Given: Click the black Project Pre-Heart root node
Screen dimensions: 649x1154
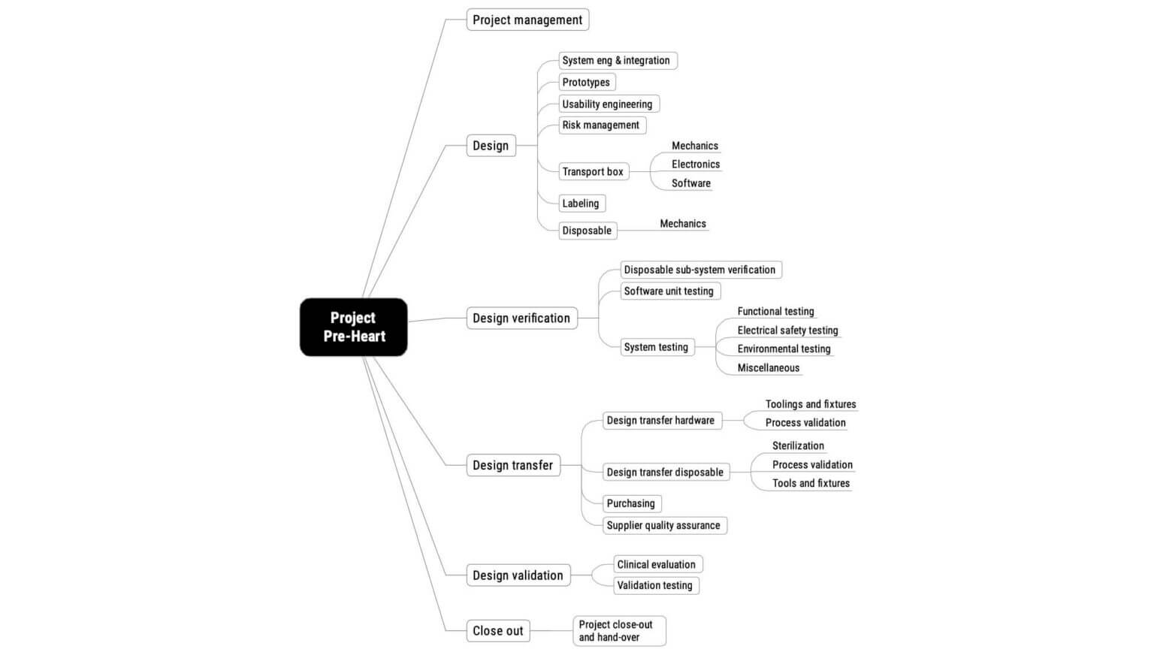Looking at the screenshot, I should [353, 327].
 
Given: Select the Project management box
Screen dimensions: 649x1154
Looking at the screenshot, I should [527, 20].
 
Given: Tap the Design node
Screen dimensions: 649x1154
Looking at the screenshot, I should [491, 146].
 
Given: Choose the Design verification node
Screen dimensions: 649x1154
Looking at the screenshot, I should [521, 318].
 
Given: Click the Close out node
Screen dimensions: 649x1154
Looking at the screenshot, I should [497, 631].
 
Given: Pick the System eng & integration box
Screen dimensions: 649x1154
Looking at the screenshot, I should [617, 61].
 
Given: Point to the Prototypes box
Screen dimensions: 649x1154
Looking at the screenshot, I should [587, 82].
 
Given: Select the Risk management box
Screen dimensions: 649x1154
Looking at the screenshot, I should [601, 125].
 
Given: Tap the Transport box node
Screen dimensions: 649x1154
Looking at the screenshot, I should [593, 171].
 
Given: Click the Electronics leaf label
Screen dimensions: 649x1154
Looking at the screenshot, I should [696, 164].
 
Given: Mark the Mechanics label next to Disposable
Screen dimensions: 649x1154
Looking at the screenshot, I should [683, 223].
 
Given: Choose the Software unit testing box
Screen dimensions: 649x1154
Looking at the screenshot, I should [669, 291].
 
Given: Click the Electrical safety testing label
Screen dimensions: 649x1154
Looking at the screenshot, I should [787, 330].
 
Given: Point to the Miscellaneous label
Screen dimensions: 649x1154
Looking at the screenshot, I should [769, 367].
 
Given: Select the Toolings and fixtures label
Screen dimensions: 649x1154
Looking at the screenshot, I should [811, 404].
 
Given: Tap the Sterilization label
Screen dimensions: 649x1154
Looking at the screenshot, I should [798, 445].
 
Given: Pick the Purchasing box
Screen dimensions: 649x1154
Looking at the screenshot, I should [631, 503].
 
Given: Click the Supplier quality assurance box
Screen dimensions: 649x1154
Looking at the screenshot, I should [664, 525].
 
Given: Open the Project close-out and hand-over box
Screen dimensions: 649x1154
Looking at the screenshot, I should [618, 630].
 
